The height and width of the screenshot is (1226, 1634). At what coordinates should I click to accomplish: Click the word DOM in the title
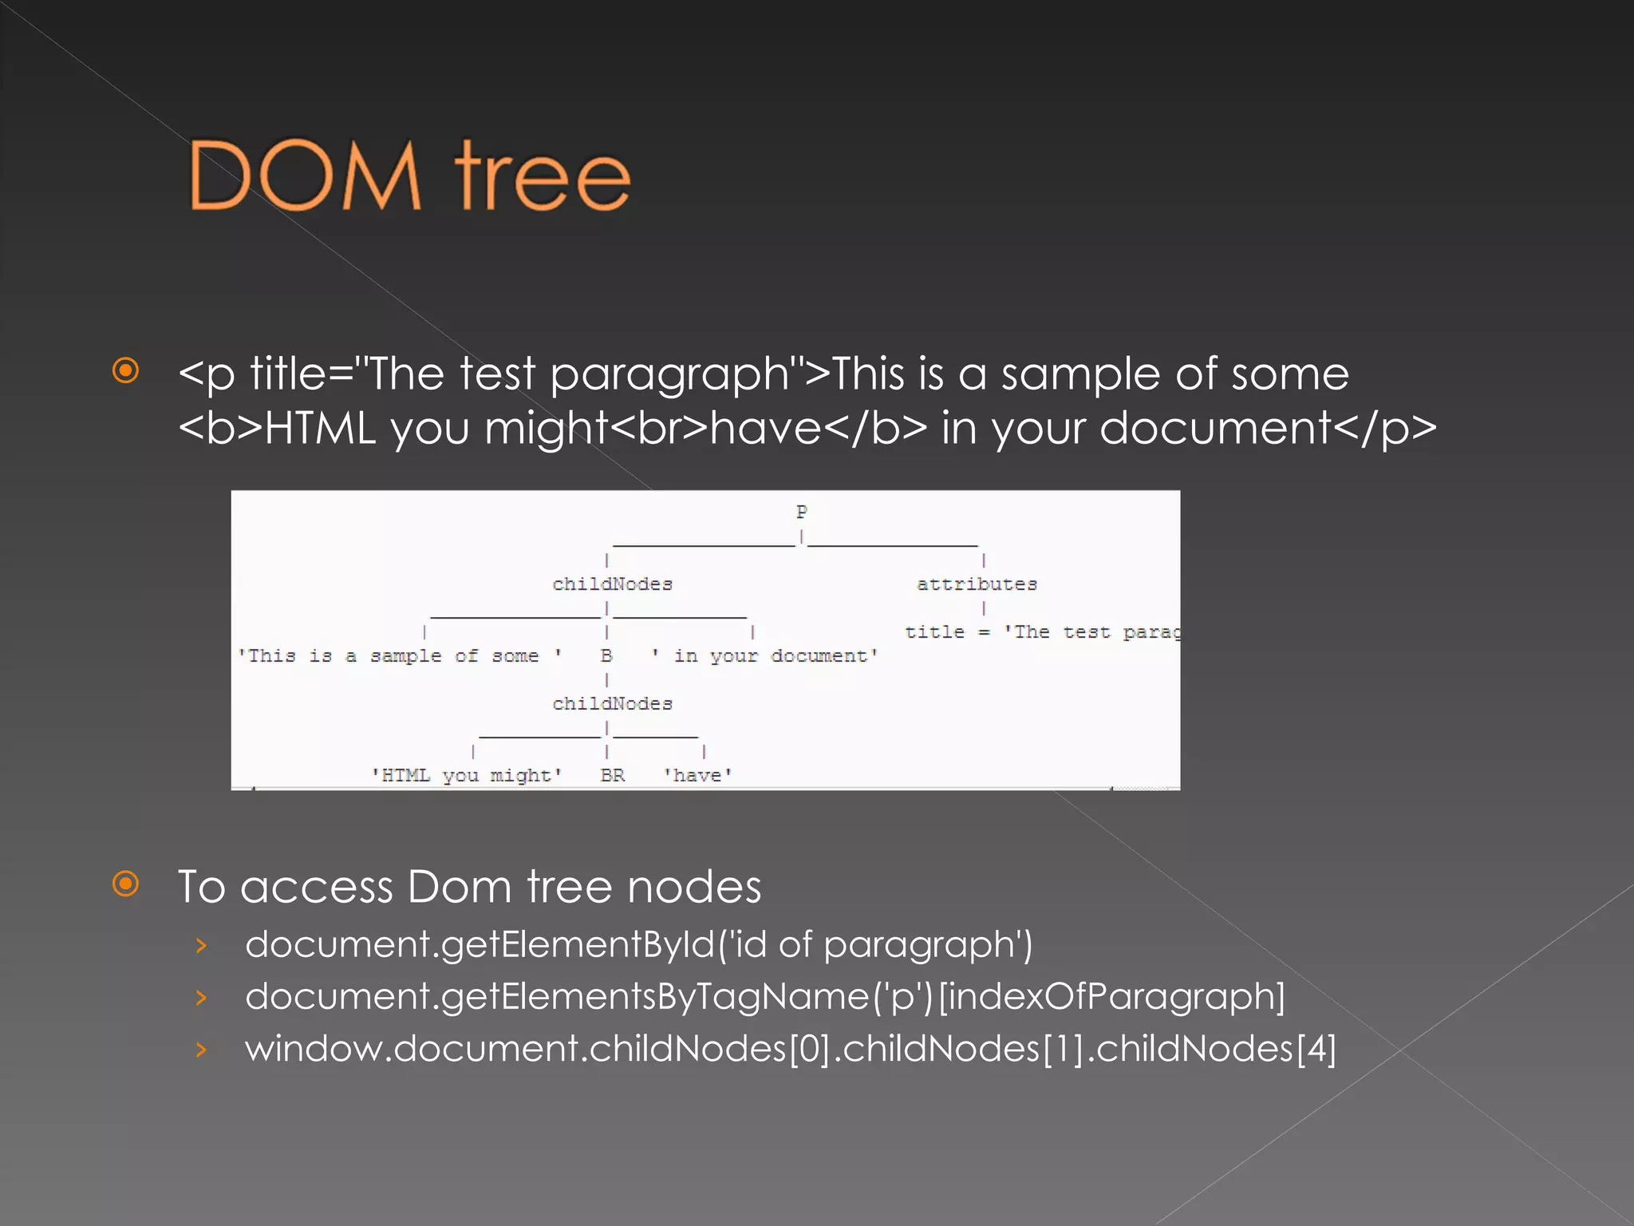tap(304, 176)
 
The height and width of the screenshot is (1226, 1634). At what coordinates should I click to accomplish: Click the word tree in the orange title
tap(543, 177)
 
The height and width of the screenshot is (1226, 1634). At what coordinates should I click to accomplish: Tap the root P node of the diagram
tap(802, 512)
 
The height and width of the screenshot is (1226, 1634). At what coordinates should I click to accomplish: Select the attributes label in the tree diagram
tap(977, 584)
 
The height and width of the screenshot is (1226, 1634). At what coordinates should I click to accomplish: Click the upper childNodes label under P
tap(612, 584)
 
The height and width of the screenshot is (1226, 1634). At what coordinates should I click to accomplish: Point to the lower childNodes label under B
tap(612, 704)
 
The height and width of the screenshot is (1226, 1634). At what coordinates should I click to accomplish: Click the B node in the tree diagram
tap(606, 656)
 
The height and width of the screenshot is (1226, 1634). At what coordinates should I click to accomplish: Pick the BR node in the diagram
tap(612, 775)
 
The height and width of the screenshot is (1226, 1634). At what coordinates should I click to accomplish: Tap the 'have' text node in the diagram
tap(697, 775)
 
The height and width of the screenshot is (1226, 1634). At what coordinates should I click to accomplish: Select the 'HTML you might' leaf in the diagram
tap(467, 775)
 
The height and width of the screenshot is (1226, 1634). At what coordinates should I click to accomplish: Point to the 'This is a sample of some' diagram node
tap(399, 656)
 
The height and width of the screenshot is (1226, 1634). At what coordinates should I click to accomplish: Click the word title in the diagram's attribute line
tap(934, 632)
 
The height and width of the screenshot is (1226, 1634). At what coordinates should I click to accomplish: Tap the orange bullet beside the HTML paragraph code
tap(126, 370)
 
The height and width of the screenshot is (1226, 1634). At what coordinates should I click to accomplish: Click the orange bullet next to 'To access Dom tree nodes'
tap(126, 884)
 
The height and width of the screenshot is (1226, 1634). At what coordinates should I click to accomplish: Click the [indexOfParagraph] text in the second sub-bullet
tap(1111, 996)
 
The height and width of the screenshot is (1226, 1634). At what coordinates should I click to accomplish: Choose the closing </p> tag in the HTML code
tap(1384, 429)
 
